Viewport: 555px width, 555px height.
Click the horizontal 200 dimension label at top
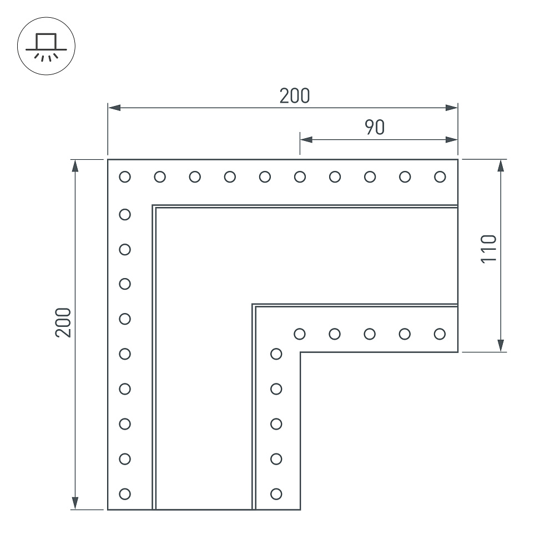coord(295,96)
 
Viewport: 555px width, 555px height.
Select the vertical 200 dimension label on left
coord(63,322)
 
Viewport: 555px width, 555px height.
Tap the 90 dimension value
coord(375,128)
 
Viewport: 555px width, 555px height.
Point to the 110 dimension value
coord(489,249)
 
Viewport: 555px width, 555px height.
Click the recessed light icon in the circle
coord(46,47)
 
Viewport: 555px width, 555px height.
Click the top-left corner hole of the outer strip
coord(125,176)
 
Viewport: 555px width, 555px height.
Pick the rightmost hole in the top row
coord(440,176)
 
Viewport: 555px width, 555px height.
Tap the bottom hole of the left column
coord(125,494)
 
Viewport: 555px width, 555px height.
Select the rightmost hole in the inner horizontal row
coord(440,334)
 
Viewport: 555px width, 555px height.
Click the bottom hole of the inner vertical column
coord(276,494)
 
